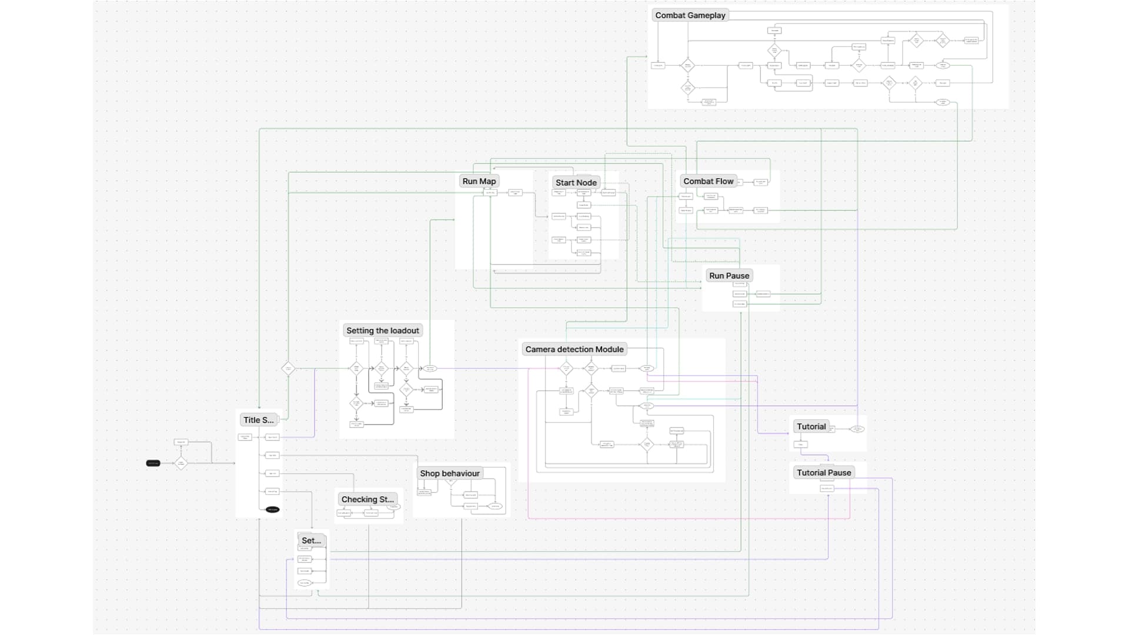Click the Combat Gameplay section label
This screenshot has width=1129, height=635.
point(690,15)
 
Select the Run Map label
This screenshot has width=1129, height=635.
point(479,181)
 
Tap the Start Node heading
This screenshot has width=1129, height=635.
point(576,182)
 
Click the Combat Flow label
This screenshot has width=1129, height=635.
point(708,181)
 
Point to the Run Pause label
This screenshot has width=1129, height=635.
point(729,275)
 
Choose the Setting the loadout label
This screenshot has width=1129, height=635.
point(382,330)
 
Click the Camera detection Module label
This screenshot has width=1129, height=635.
point(574,349)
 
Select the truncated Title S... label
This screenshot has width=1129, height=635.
point(258,420)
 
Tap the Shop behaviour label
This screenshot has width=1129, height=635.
point(449,473)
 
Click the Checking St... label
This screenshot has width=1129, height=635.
point(368,499)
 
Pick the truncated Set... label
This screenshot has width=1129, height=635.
point(311,540)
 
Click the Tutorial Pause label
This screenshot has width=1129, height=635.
point(823,473)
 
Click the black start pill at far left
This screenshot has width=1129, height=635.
point(153,463)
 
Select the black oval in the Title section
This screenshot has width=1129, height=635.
point(272,510)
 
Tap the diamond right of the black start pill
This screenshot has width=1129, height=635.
point(181,463)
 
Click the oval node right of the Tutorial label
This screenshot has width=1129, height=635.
point(857,429)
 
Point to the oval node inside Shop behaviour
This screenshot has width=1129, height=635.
point(495,506)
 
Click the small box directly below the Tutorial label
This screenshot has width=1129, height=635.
point(801,444)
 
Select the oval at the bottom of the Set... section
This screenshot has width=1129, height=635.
point(304,583)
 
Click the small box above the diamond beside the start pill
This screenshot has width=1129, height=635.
point(181,442)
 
